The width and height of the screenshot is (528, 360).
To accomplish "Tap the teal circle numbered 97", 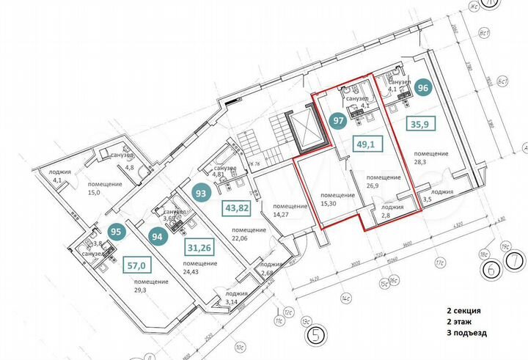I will point(339,120).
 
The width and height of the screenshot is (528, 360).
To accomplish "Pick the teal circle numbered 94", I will point(155,236).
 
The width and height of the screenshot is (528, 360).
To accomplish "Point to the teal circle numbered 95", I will point(115,230).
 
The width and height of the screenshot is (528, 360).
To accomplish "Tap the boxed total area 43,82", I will point(237,208).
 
